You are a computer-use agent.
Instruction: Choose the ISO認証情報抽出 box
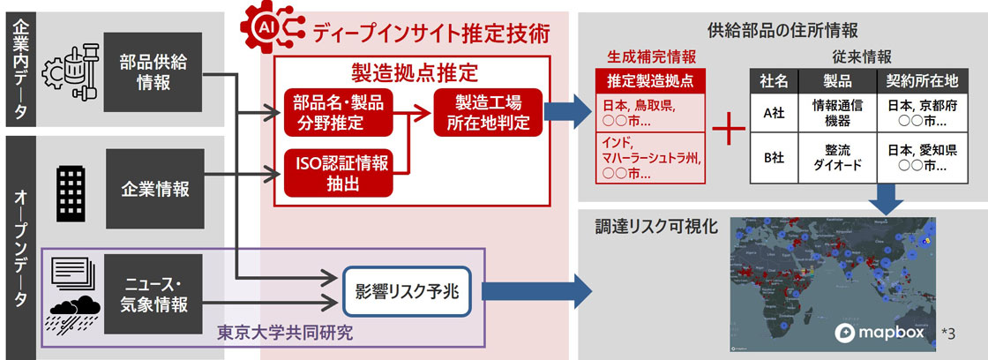[x=339, y=171]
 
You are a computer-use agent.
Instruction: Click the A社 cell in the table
[x=774, y=114]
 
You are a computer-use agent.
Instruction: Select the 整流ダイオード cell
[x=836, y=158]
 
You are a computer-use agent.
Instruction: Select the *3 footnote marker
[x=948, y=333]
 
